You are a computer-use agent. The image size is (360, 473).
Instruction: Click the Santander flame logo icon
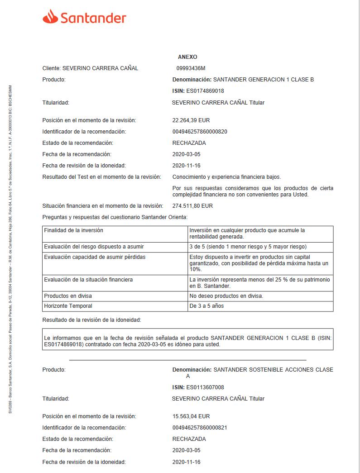(x=50, y=17)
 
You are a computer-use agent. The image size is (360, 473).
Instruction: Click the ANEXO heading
(x=187, y=57)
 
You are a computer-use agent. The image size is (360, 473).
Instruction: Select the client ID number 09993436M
(x=191, y=68)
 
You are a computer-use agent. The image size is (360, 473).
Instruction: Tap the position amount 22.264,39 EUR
(x=191, y=120)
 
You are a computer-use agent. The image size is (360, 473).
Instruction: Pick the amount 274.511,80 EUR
(x=192, y=206)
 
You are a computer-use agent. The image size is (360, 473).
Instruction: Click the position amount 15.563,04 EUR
(x=191, y=416)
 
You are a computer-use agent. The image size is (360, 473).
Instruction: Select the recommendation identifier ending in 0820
(x=200, y=132)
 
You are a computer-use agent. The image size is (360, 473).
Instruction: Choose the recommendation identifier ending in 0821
(x=200, y=428)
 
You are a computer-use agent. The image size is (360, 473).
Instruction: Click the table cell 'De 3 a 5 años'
(x=206, y=306)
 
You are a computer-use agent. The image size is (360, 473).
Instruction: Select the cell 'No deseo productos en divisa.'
(x=226, y=296)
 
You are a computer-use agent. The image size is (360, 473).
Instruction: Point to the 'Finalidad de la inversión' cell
(x=73, y=230)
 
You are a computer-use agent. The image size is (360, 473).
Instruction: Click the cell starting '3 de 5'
(x=248, y=247)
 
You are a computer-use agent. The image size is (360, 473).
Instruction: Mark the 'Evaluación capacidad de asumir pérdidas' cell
(x=95, y=257)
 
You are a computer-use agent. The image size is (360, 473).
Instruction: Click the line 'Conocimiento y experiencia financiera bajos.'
(x=226, y=177)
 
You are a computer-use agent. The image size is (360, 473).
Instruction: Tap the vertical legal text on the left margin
(x=10, y=249)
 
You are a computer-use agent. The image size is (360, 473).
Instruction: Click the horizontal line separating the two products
(x=187, y=360)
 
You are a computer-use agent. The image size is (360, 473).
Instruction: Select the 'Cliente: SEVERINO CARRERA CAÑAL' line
(x=90, y=68)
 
